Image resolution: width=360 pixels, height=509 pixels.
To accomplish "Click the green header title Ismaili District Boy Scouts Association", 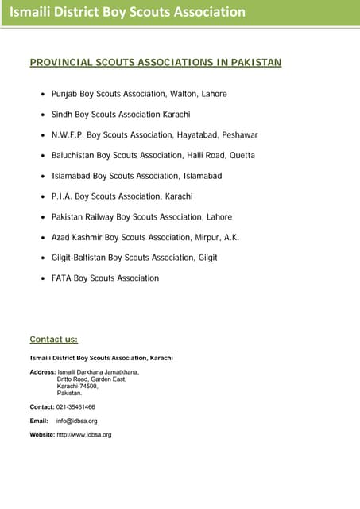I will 127,12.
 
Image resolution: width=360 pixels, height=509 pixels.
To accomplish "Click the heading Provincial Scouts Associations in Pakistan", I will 155,62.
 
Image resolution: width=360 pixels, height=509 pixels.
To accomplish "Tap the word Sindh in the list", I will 63,115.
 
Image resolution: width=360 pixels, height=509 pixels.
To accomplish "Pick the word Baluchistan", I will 77,155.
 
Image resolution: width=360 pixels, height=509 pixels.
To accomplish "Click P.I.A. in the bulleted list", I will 62,196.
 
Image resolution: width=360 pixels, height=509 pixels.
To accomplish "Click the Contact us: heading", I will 53,340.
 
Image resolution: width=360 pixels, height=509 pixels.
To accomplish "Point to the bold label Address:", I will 42,371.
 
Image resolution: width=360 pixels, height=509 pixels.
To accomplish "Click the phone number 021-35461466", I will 75,406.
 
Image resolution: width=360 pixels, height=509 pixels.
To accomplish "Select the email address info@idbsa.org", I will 76,421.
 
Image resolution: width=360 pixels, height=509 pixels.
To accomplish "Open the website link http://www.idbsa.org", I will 83,435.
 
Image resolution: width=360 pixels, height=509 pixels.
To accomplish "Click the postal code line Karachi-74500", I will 77,386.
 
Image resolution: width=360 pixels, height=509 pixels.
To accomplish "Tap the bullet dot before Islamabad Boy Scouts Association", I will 42,177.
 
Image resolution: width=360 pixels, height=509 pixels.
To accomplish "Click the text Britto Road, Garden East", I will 91,379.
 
